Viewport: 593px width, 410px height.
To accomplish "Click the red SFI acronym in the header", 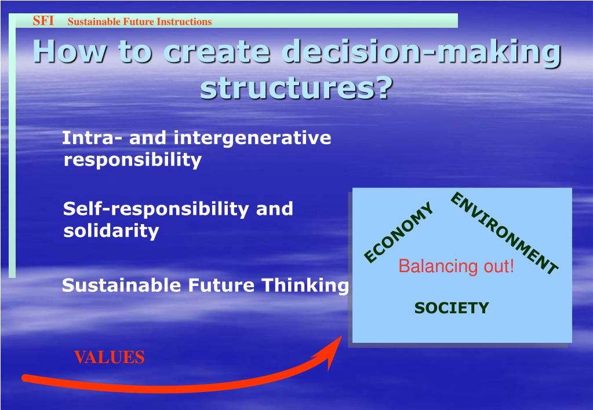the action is [x=43, y=20].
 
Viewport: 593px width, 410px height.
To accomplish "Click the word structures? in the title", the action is [x=297, y=87].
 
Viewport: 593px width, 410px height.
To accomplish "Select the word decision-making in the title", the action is [x=422, y=52].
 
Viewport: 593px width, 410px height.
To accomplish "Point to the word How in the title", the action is [x=70, y=50].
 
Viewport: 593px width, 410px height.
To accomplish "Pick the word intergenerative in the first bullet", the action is [x=252, y=138].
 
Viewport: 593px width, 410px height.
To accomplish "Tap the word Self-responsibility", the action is [x=156, y=210].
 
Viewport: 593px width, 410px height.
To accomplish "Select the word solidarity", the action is [x=111, y=231].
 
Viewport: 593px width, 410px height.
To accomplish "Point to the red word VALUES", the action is [x=110, y=357].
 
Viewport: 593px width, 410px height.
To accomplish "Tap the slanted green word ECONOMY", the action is [x=399, y=232].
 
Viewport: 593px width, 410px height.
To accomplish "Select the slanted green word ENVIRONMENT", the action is [x=504, y=233].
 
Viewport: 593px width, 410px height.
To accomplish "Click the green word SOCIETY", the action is [x=452, y=308].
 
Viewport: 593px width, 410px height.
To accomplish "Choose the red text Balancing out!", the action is [x=456, y=266].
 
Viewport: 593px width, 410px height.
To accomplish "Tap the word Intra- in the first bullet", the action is [x=92, y=138].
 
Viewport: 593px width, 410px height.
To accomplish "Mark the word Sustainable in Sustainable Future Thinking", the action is [x=121, y=285].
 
